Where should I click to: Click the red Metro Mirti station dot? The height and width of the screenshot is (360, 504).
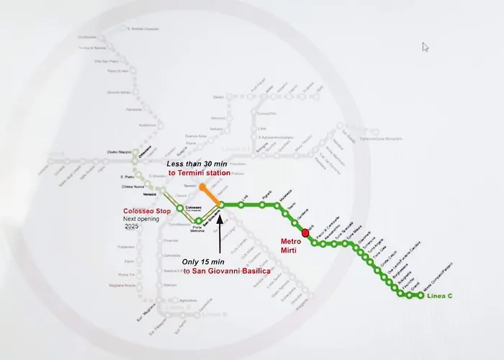tap(305, 233)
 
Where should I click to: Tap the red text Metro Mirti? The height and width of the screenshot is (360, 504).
tap(292, 245)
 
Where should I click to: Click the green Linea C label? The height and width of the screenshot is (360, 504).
tap(441, 297)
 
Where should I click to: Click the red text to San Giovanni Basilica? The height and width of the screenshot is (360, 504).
tap(227, 271)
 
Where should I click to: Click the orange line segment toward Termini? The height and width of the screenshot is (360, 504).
tap(211, 196)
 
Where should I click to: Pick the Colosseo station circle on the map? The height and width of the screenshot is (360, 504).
tap(180, 210)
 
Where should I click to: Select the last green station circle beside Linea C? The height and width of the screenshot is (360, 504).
tap(421, 295)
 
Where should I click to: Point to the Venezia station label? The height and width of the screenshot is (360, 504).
tap(149, 194)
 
